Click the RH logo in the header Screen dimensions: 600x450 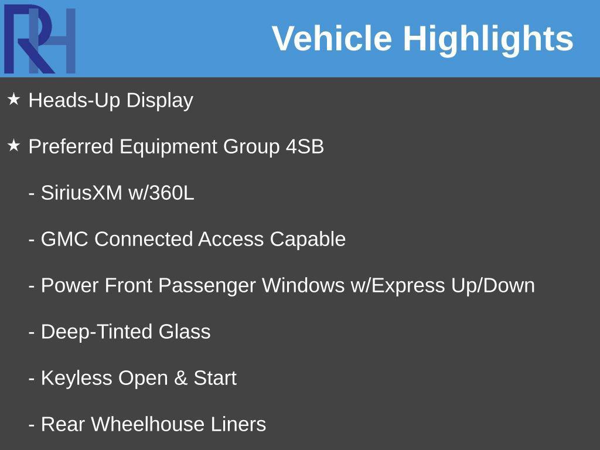[x=40, y=39]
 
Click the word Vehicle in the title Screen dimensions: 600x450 [x=332, y=38]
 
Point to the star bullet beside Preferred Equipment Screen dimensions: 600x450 [x=14, y=145]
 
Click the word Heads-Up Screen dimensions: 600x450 [x=74, y=101]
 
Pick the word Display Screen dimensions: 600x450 [x=160, y=101]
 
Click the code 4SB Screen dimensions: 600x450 [x=305, y=146]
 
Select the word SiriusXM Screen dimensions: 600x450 [x=81, y=192]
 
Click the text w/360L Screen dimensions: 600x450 [x=162, y=192]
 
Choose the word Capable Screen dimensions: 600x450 [x=308, y=240]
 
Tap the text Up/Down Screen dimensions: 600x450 [x=493, y=286]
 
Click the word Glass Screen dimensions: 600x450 [x=185, y=332]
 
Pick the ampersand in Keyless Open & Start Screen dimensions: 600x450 [x=180, y=378]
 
